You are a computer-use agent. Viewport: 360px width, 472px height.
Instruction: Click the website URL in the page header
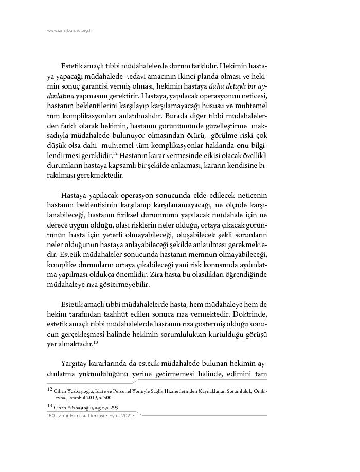[69, 30]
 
